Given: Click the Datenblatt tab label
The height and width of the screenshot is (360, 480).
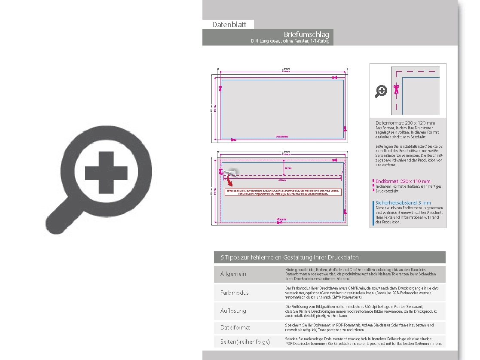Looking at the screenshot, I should tap(229, 24).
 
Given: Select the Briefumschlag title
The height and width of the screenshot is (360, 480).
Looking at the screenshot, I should tap(306, 34).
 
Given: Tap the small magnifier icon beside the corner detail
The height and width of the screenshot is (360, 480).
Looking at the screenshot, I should tap(381, 91).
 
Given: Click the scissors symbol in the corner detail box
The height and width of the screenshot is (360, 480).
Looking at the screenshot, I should tap(396, 89).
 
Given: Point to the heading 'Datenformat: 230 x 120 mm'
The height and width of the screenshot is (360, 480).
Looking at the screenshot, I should tap(405, 123).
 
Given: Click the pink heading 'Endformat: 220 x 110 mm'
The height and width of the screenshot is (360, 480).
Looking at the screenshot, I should tap(403, 181).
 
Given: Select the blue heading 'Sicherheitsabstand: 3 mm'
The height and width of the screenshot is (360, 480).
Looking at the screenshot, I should tap(403, 203).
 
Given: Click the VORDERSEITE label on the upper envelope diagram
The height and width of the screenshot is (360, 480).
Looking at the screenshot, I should tap(281, 136).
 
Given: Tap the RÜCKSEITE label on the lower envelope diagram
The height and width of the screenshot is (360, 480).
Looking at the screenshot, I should tap(281, 220).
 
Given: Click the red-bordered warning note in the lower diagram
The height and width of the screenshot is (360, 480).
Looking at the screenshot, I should tap(283, 192).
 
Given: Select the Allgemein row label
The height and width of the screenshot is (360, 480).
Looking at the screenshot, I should tap(233, 274).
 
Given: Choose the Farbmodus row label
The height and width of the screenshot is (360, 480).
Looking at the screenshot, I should tap(234, 293).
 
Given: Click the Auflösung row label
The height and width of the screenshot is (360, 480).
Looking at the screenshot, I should tap(233, 311).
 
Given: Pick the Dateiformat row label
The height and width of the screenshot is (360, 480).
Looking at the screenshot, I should tap(235, 327).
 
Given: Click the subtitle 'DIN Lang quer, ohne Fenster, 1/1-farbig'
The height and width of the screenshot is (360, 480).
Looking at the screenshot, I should tap(290, 41).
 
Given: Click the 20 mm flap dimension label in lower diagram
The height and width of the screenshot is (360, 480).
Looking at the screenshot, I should tap(288, 168).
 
